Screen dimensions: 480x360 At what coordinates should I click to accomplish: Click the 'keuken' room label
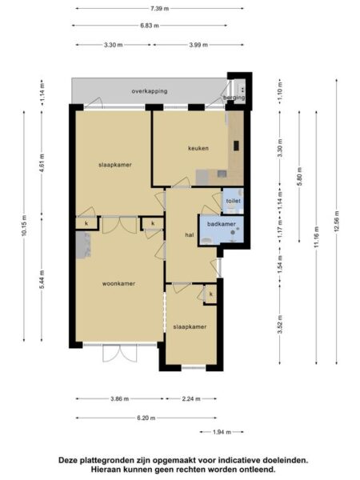(198, 148)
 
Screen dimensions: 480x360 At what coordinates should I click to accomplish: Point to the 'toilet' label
(233, 201)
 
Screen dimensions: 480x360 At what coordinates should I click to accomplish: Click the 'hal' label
(190, 235)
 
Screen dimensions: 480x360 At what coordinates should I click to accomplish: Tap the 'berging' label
(234, 98)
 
